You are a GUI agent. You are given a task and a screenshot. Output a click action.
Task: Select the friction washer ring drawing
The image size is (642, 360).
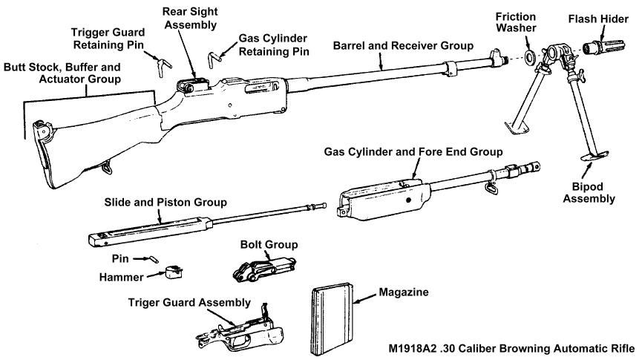pos(529,56)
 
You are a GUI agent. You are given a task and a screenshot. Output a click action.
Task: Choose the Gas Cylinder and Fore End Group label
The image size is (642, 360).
pos(413,151)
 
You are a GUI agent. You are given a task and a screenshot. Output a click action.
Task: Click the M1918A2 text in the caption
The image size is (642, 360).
pos(419,350)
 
